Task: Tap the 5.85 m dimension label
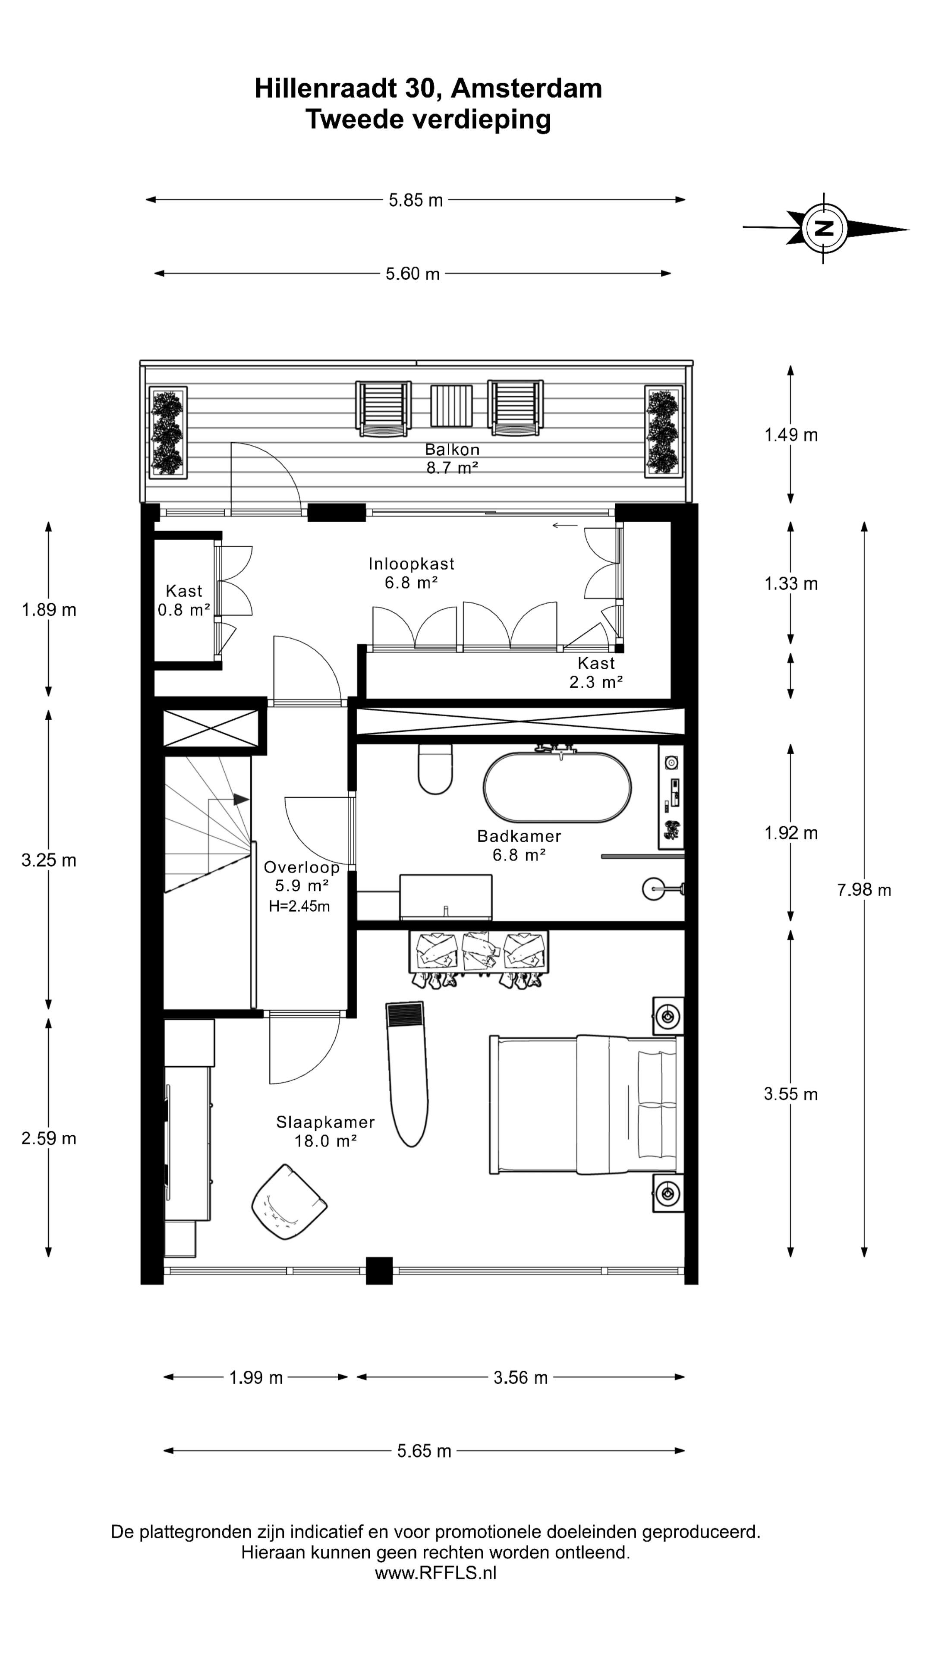416,200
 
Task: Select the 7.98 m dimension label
864,890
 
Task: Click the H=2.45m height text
299,906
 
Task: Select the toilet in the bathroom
435,769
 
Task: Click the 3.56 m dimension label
520,1377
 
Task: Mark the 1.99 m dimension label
256,1377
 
